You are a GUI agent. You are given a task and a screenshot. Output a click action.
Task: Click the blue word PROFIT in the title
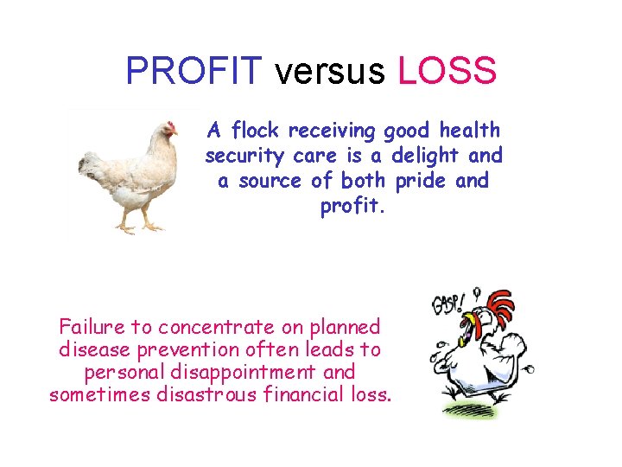(x=193, y=71)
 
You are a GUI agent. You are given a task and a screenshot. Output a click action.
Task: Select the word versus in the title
(x=329, y=71)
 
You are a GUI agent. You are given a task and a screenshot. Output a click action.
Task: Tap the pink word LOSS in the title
(x=447, y=71)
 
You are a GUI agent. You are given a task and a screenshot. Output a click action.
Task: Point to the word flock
(x=257, y=131)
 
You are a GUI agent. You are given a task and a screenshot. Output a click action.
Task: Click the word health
(x=469, y=131)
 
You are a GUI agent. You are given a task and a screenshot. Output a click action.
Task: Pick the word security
(x=240, y=156)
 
